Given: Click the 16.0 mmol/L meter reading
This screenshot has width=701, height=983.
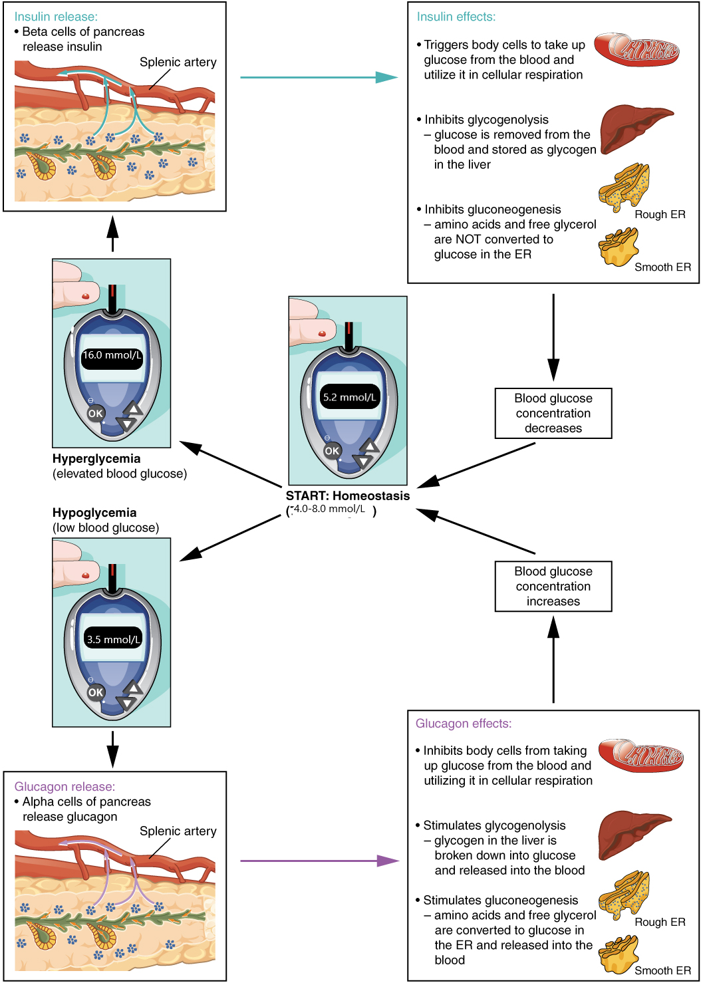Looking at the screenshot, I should [x=112, y=356].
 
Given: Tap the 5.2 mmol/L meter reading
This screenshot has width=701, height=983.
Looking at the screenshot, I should [x=349, y=398].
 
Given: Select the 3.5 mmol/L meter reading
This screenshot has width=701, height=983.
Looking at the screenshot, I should [x=113, y=640].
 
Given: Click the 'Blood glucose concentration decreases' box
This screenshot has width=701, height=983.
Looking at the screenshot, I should [x=553, y=413].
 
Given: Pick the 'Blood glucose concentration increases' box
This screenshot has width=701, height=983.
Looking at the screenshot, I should [x=553, y=586].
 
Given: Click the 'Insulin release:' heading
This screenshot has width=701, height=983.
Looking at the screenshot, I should [x=56, y=17].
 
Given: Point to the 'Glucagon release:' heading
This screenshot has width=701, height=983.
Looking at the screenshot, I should [x=65, y=787].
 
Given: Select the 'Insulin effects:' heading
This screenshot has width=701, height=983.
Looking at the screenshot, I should [x=456, y=17].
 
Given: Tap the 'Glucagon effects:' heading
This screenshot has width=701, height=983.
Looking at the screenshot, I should [x=464, y=724].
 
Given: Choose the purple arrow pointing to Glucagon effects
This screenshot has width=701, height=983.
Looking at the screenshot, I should [x=319, y=861].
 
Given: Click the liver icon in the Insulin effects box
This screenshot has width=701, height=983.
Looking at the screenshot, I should [x=634, y=128].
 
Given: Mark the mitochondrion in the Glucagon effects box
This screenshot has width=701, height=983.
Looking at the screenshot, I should [x=640, y=756].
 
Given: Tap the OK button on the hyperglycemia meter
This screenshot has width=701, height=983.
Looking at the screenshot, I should [x=96, y=414].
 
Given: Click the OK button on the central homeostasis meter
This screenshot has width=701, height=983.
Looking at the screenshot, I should [x=332, y=451].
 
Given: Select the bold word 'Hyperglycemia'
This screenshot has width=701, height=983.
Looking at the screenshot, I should [x=96, y=459].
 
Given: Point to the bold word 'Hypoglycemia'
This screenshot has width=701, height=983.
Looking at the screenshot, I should [x=94, y=513].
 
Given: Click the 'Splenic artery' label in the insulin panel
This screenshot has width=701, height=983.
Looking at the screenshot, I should [x=178, y=63].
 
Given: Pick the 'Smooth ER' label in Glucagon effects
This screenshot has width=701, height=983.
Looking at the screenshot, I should [x=662, y=970].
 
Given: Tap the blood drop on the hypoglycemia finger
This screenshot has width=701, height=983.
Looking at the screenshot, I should [x=85, y=575].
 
